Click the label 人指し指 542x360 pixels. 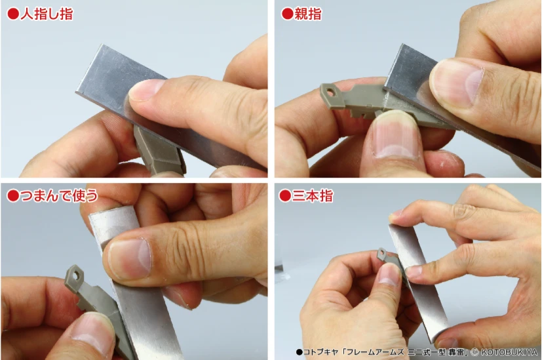point(47,14)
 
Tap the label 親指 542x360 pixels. point(307,14)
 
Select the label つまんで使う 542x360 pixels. point(59,195)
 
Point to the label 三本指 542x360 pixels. point(313,195)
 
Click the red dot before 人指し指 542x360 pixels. point(13,14)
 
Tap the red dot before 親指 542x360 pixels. point(287,14)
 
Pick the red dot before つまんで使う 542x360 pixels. point(13,195)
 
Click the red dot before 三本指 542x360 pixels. point(285,195)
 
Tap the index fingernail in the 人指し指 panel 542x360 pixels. point(146,89)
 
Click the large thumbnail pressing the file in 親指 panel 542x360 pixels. point(456,84)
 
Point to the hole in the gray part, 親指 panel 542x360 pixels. point(331,92)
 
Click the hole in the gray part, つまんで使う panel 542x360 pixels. point(77,275)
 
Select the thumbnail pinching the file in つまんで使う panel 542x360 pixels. point(130,260)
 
